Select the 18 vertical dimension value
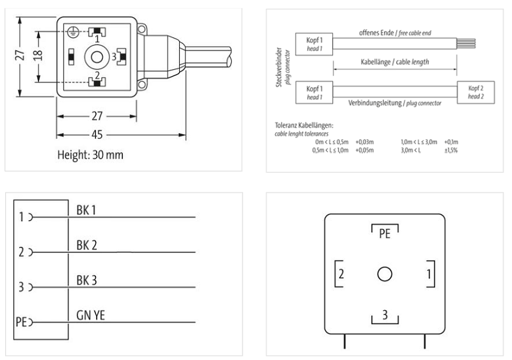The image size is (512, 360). [x=38, y=58]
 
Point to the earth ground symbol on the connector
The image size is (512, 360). [x=76, y=31]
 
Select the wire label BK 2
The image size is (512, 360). [x=87, y=244]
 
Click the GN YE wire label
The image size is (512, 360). [x=91, y=315]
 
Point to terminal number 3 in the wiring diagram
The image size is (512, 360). [x=21, y=287]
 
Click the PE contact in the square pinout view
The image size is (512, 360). [x=384, y=233]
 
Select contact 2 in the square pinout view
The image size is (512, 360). [x=342, y=274]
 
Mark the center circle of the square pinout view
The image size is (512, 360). [x=384, y=274]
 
